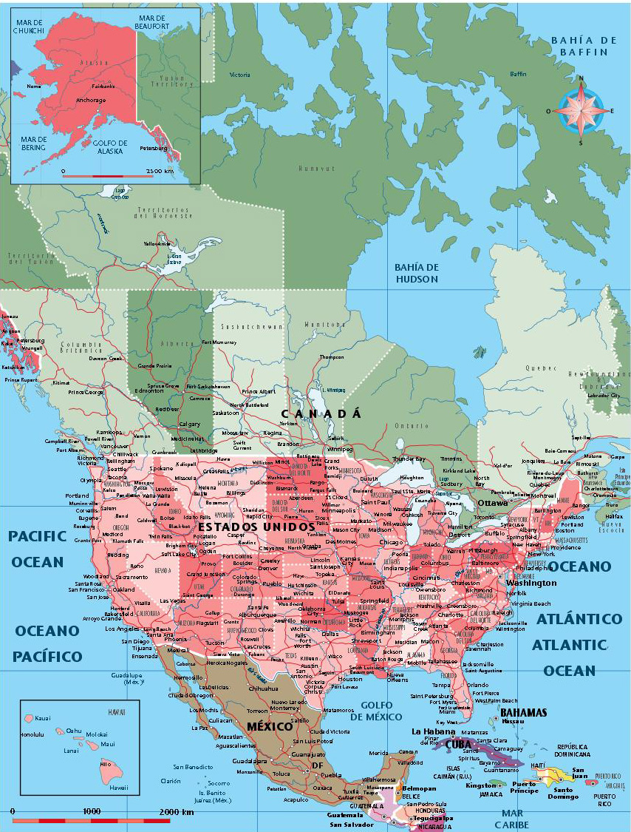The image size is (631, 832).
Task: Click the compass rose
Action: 580,111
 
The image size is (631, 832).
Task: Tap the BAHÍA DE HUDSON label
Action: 416,273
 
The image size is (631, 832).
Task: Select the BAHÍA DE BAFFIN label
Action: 583,46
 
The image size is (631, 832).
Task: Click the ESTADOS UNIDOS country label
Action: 256,527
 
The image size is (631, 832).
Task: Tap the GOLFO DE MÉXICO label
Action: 376,711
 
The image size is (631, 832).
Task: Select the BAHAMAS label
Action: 523,713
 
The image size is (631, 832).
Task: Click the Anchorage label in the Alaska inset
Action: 91,100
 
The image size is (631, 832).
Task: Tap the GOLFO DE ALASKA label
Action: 111,147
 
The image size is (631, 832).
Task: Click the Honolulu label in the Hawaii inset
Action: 33,734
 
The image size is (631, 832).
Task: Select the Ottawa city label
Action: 492,503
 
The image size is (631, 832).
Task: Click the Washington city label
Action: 531,582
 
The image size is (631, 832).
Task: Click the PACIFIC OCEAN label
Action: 38,548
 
